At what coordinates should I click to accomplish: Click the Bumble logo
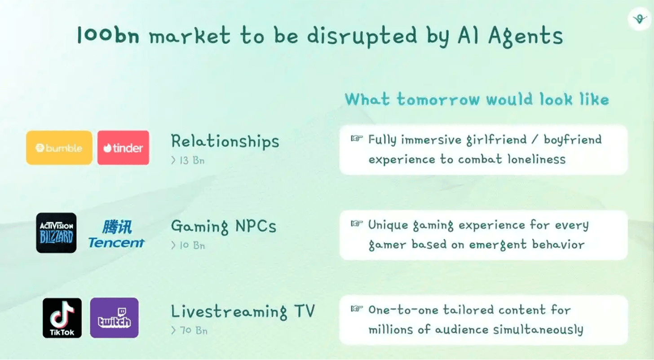pos(59,148)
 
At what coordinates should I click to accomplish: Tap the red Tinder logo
pos(123,148)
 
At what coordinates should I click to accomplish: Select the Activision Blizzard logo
pos(56,233)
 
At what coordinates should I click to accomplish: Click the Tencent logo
pos(116,234)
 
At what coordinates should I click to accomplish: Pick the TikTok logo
pos(62,318)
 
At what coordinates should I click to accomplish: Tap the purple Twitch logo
pos(114,318)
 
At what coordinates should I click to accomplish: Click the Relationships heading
pos(225,141)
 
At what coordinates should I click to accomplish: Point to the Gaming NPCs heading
pos(224,226)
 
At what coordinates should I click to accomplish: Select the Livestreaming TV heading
pos(243,312)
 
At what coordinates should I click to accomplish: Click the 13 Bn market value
pos(192,160)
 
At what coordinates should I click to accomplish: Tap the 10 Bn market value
pos(192,246)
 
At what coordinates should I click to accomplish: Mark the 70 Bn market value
pos(193,330)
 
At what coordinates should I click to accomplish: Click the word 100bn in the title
pos(108,35)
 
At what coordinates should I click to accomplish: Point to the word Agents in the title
pos(526,37)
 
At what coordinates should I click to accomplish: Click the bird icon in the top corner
pos(640,19)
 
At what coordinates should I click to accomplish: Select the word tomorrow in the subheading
pos(438,100)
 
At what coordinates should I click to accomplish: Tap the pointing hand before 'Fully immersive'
pos(357,138)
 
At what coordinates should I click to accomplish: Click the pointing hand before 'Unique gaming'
pos(357,224)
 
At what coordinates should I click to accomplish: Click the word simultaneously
pos(538,330)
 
